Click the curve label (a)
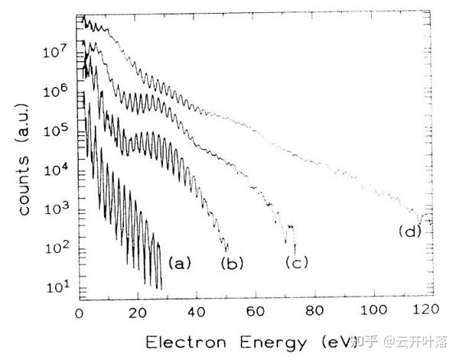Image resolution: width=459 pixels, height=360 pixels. pos(180,263)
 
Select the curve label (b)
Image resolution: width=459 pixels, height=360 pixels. pos(232,264)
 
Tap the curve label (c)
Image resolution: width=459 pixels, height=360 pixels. pos(297,262)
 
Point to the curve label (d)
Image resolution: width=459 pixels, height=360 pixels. pos(410,232)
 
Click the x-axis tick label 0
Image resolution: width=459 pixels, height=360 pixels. pos(79,313)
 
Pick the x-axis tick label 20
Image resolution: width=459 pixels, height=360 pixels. pos(138,313)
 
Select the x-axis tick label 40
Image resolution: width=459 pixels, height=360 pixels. pos(197,313)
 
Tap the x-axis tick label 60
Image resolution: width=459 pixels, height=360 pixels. pos(256,312)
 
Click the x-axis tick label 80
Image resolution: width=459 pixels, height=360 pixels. pos(314,311)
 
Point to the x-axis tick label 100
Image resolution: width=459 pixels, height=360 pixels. pos(373,310)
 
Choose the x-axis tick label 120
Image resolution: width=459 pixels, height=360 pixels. pos(426,309)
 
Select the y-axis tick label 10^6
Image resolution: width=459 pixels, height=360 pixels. pos(56,91)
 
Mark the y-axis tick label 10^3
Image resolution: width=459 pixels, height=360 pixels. pos(57,208)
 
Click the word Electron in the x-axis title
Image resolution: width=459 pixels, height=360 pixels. pos(186,342)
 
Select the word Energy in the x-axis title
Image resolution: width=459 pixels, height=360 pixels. pos(273,343)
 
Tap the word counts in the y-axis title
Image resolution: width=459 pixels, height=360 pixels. pos(24,186)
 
